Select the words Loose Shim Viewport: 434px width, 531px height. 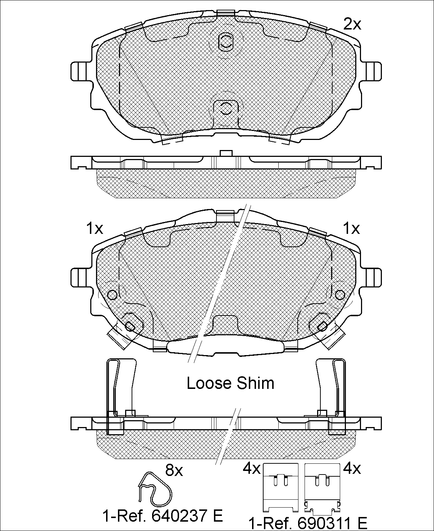tap(230, 383)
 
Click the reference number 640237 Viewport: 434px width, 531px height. tap(180, 515)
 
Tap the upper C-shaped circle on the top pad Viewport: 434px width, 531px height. tap(225, 42)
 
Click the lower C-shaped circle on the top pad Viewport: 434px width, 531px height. tap(225, 109)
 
